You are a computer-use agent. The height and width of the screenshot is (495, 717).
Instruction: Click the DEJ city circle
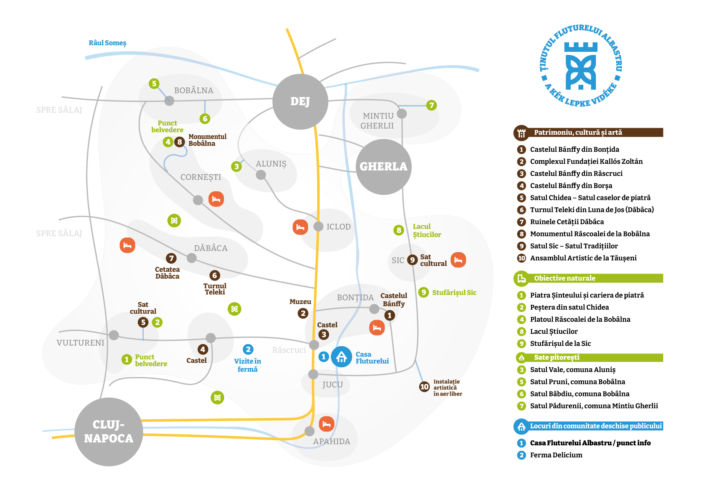click(x=300, y=102)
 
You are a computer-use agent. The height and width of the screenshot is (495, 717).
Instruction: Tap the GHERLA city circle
click(x=384, y=167)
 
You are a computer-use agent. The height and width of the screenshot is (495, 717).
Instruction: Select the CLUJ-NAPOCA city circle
click(x=109, y=431)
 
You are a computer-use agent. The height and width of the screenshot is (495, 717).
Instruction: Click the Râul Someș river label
click(x=108, y=43)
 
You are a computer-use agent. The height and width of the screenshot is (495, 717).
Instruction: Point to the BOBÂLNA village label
click(x=194, y=90)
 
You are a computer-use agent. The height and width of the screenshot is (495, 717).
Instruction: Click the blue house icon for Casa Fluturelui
click(x=341, y=357)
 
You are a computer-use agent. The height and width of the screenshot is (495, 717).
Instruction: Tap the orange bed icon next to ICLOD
click(x=300, y=227)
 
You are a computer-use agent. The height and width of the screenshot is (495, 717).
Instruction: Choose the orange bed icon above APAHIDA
click(x=326, y=424)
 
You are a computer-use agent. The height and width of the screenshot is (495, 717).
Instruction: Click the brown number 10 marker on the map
click(x=424, y=387)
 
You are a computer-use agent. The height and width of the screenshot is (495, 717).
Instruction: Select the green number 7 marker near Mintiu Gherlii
click(x=432, y=105)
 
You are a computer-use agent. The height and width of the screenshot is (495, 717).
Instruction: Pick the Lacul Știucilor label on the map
click(x=427, y=231)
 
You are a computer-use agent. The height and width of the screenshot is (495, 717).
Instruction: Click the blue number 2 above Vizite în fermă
click(x=248, y=349)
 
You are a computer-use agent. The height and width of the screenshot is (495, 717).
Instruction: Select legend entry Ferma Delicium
click(x=556, y=455)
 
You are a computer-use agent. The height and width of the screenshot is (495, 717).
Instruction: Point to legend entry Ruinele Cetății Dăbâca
click(x=567, y=222)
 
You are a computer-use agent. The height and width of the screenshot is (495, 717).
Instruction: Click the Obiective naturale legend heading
click(x=564, y=278)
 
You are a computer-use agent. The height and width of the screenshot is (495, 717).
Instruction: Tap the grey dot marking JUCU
click(x=313, y=374)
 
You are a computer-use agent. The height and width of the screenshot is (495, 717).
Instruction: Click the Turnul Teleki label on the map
click(x=215, y=289)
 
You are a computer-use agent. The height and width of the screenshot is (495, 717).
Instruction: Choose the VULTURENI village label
click(x=80, y=343)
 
